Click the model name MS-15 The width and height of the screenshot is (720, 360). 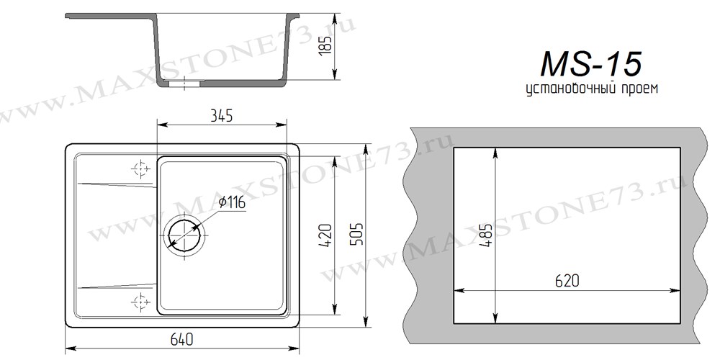[x=591, y=63]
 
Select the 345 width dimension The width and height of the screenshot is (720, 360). [x=221, y=116]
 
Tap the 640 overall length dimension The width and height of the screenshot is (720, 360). [x=182, y=339]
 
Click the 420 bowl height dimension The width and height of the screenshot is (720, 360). [x=325, y=235]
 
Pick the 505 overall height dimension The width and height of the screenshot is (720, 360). [x=356, y=234]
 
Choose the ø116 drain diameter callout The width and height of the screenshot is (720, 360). [x=231, y=202]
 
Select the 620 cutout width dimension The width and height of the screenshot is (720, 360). [x=567, y=281]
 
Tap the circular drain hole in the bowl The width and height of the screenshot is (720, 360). [x=184, y=235]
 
